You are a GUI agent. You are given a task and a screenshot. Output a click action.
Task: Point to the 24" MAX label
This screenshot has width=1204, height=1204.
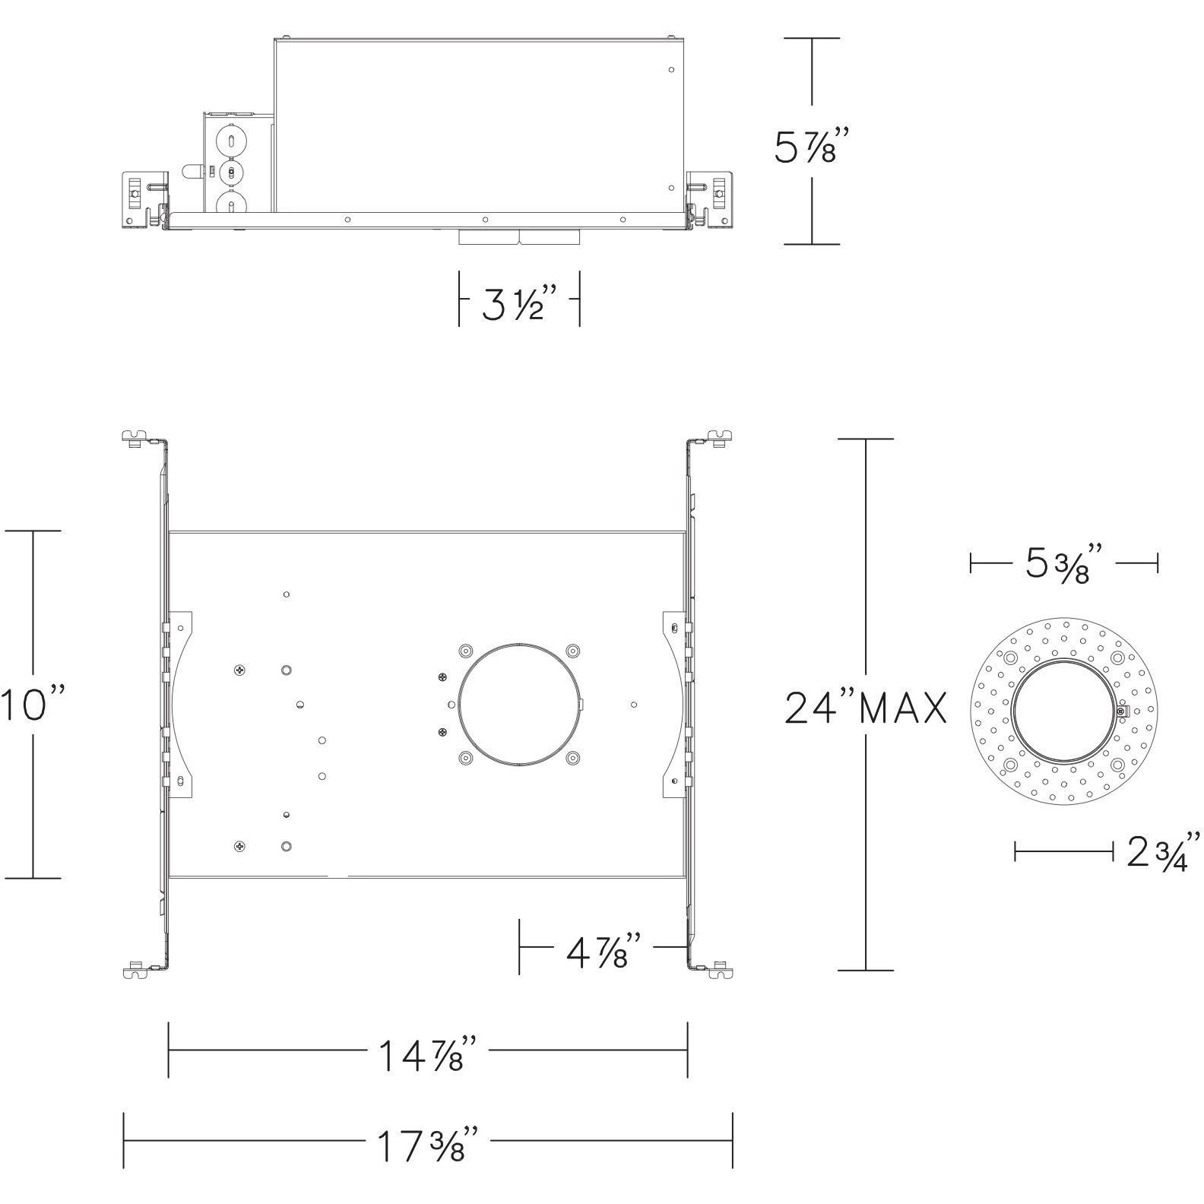click(865, 708)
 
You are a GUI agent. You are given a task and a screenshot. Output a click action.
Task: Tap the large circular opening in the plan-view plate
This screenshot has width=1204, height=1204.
click(519, 704)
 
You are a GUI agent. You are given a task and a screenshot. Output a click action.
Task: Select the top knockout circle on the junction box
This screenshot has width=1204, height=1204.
click(230, 141)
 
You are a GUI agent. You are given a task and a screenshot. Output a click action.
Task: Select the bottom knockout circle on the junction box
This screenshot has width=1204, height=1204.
click(230, 204)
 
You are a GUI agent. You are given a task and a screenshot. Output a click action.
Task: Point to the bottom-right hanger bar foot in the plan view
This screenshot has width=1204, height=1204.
click(721, 969)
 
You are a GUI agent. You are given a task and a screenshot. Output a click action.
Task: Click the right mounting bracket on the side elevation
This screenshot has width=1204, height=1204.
click(711, 199)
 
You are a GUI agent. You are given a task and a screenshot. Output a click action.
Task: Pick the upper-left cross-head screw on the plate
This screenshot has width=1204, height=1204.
click(240, 670)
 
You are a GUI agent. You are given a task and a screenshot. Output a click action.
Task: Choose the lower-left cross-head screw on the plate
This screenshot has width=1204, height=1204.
click(240, 845)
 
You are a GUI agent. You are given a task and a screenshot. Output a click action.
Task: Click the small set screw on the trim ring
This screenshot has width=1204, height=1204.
click(1123, 711)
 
